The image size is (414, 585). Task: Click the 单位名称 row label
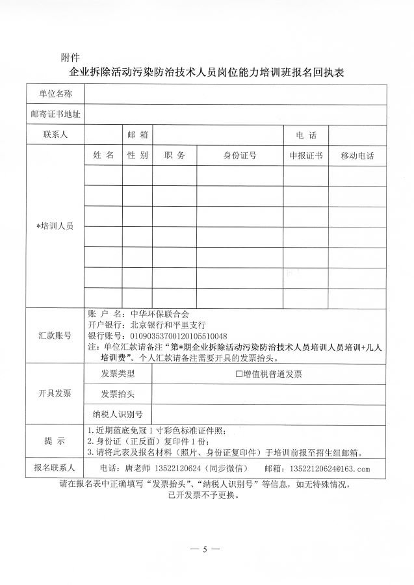coord(55,94)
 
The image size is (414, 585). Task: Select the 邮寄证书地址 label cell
coord(55,114)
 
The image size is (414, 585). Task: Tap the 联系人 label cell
coord(55,135)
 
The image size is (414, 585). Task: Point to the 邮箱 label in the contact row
coord(138,135)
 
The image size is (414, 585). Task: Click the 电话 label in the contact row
coord(306,135)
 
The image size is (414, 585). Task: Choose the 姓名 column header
coord(103,156)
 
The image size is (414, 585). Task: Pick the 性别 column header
coord(138,156)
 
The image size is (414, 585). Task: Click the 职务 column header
coord(175,156)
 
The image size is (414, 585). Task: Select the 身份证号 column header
coord(240,156)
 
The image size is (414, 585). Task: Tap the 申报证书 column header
coord(306,156)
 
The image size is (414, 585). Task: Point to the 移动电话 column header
coord(357,157)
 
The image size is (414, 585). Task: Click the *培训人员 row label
coord(55,226)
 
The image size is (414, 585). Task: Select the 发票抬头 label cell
coord(118,394)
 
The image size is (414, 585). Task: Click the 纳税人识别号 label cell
coord(118,414)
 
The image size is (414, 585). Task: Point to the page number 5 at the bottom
coord(205,549)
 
